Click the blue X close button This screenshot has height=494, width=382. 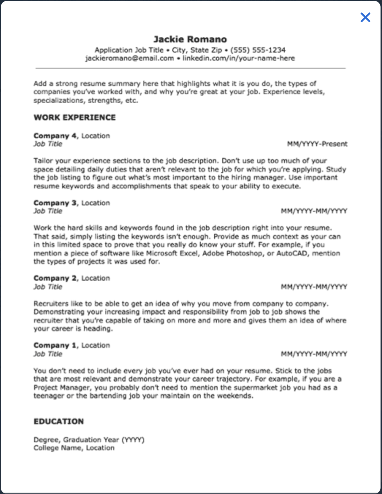tap(365, 17)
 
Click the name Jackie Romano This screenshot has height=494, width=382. tap(190, 39)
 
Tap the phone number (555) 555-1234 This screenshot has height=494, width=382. tap(258, 50)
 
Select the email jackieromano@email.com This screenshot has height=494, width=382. tap(130, 58)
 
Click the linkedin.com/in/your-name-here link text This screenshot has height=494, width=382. tap(238, 58)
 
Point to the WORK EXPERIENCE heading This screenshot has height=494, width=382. tap(75, 117)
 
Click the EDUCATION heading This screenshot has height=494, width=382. tap(58, 421)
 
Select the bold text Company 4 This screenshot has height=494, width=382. tap(55, 136)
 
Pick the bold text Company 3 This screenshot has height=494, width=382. tap(55, 203)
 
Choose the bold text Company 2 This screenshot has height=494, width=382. tap(55, 278)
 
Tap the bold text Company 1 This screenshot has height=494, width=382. tap(55, 345)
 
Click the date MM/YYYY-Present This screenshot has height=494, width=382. tap(317, 144)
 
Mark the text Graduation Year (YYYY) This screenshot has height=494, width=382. tap(104, 440)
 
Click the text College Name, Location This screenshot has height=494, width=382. tap(74, 448)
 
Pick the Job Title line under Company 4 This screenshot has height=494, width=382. tap(48, 144)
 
